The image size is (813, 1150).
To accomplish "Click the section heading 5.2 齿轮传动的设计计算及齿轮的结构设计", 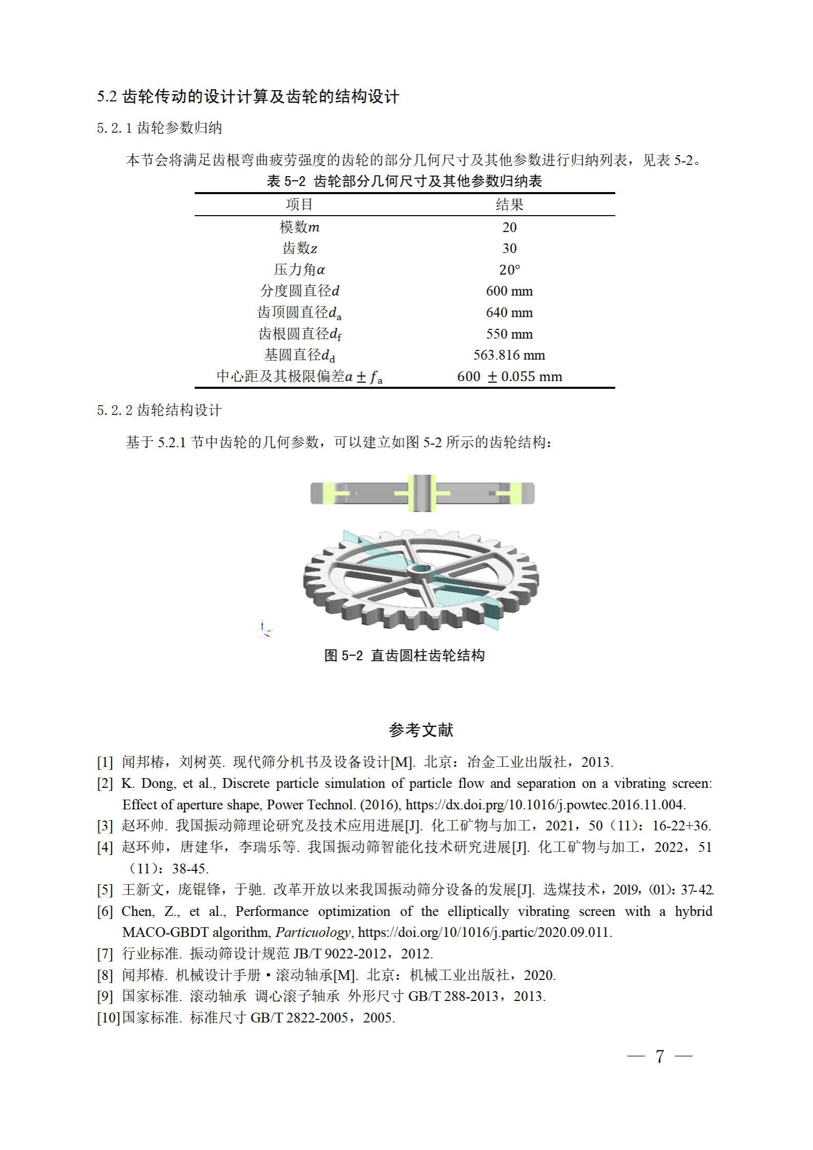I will pyautogui.click(x=248, y=97).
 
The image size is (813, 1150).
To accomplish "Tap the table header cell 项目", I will pyautogui.click(x=299, y=205).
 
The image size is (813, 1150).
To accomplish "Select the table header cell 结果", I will pyautogui.click(x=509, y=205).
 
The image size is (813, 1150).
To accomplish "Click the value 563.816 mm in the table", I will pyautogui.click(x=509, y=355).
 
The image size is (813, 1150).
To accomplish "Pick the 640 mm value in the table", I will pyautogui.click(x=509, y=312).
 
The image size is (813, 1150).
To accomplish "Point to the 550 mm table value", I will pyautogui.click(x=509, y=334).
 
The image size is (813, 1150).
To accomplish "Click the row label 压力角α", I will pyautogui.click(x=299, y=269).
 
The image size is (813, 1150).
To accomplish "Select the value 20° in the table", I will pyautogui.click(x=509, y=269).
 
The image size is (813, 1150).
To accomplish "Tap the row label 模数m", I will pyautogui.click(x=299, y=227).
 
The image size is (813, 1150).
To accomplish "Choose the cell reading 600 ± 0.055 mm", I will pyautogui.click(x=509, y=377).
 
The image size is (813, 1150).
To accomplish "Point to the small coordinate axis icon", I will pyautogui.click(x=265, y=630).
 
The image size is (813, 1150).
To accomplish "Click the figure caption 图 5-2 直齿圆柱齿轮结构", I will pyautogui.click(x=404, y=655).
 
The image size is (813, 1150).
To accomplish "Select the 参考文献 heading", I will pyautogui.click(x=421, y=730).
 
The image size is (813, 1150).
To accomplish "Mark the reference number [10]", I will pyautogui.click(x=108, y=1017).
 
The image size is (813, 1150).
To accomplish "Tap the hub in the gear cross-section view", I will pyautogui.click(x=422, y=493).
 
